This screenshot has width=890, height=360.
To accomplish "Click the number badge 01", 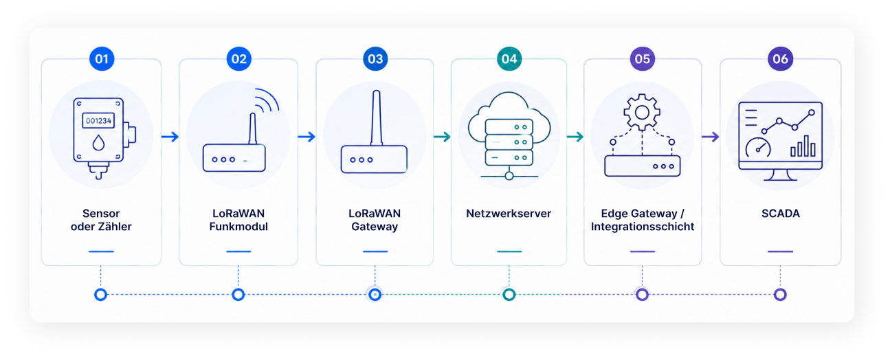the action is click(x=102, y=59).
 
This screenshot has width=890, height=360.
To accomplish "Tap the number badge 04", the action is click(x=509, y=59).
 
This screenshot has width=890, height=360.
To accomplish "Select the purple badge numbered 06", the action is click(x=780, y=59).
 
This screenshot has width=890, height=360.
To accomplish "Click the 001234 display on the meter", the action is click(x=98, y=121).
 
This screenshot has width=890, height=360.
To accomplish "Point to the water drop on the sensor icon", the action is click(x=98, y=143).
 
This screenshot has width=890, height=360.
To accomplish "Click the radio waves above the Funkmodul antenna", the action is click(x=267, y=100).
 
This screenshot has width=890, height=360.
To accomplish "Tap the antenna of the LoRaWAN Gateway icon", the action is click(x=376, y=118).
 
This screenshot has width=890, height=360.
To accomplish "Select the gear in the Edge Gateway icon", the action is click(x=642, y=113).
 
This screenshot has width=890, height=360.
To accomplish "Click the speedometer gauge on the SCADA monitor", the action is click(x=758, y=148).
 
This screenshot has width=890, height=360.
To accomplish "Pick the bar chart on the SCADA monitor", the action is click(x=803, y=146).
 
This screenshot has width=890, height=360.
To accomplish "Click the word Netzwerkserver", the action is click(x=509, y=214).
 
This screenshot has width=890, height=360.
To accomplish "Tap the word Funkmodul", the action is click(x=238, y=227).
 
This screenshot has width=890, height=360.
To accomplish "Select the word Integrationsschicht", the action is click(x=643, y=227).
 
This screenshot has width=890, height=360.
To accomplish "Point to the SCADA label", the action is click(x=781, y=214).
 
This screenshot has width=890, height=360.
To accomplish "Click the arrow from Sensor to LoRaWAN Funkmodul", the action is click(x=170, y=137).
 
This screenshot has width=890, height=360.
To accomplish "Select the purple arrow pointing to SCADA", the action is click(x=711, y=137).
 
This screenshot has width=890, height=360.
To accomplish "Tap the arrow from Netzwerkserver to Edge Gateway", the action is click(x=575, y=137).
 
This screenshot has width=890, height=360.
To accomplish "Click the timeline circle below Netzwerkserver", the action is click(x=509, y=295).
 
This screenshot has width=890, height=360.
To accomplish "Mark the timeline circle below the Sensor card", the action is click(x=100, y=295).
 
